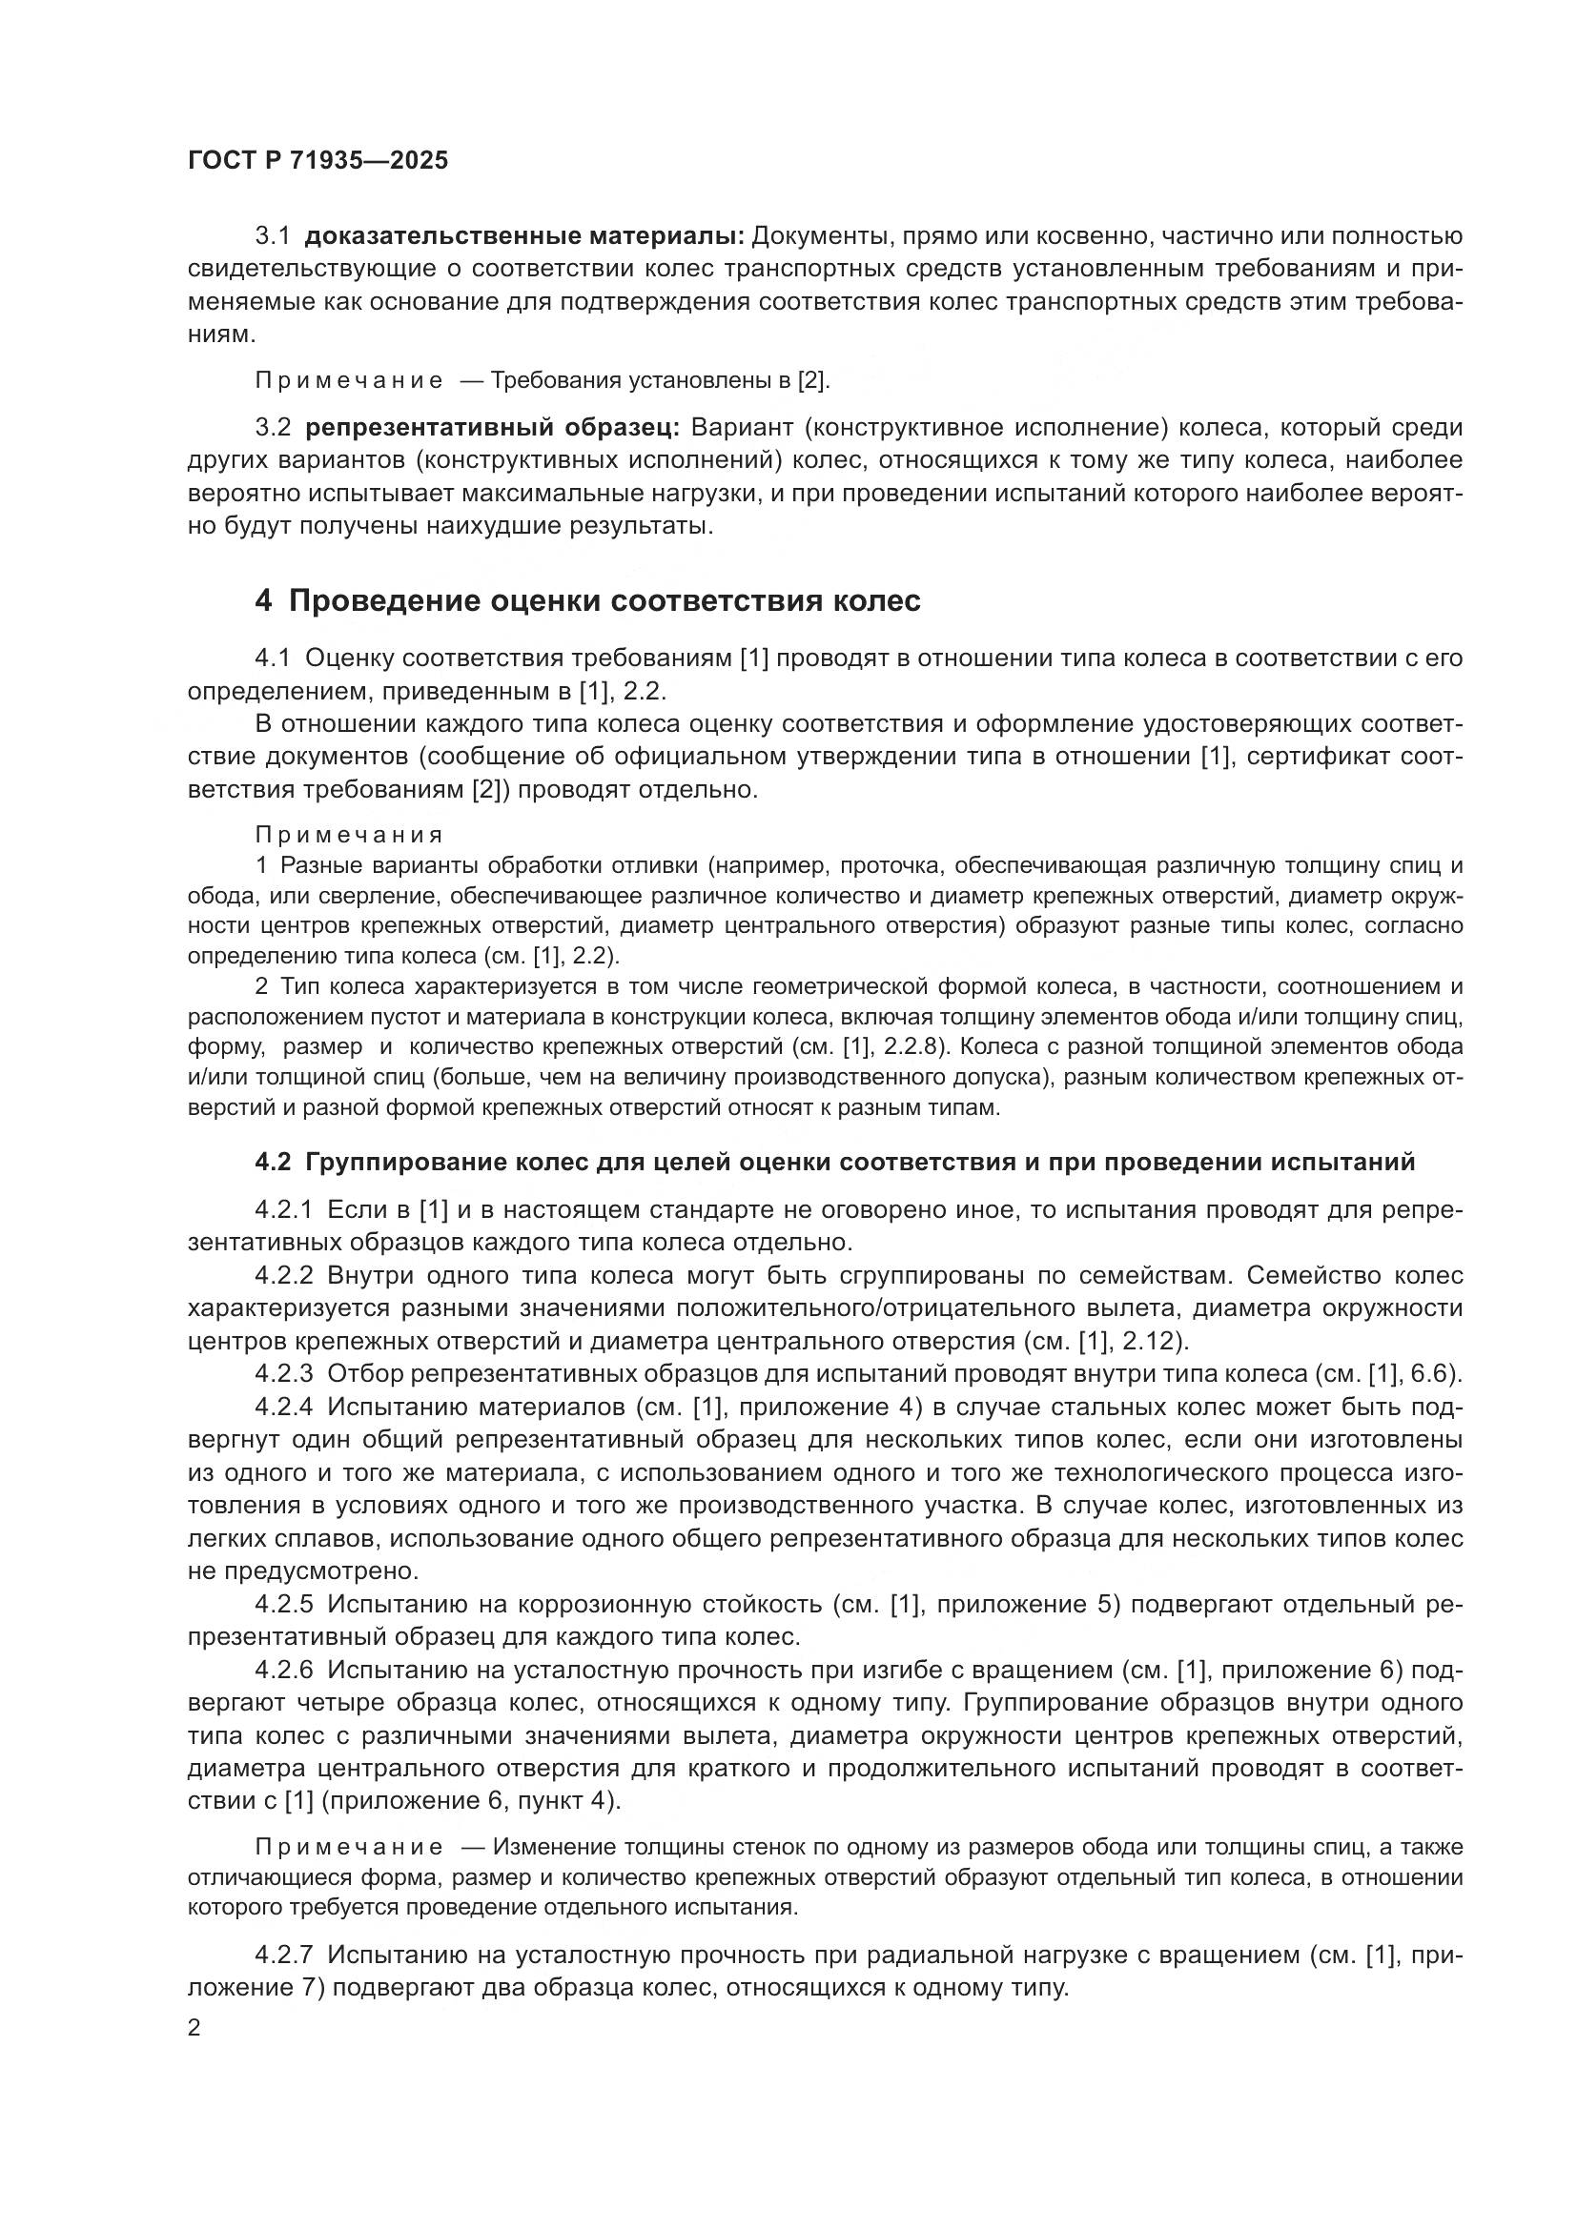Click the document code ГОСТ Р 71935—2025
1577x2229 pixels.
[x=318, y=161]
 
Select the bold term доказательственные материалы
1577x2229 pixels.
[x=524, y=236]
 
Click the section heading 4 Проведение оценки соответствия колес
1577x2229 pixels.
[x=587, y=601]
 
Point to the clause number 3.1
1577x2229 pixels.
[x=273, y=236]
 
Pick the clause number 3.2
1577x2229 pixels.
[x=273, y=428]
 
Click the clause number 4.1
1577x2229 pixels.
[x=273, y=659]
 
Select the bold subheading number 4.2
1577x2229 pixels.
[x=273, y=1162]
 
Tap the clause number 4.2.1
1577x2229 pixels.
[x=283, y=1210]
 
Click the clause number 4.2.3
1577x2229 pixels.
[x=283, y=1374]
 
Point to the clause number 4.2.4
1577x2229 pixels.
[x=283, y=1407]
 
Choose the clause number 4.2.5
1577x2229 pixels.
[x=283, y=1604]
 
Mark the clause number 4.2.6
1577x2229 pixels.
[x=283, y=1670]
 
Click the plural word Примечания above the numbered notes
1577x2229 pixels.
[x=350, y=835]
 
